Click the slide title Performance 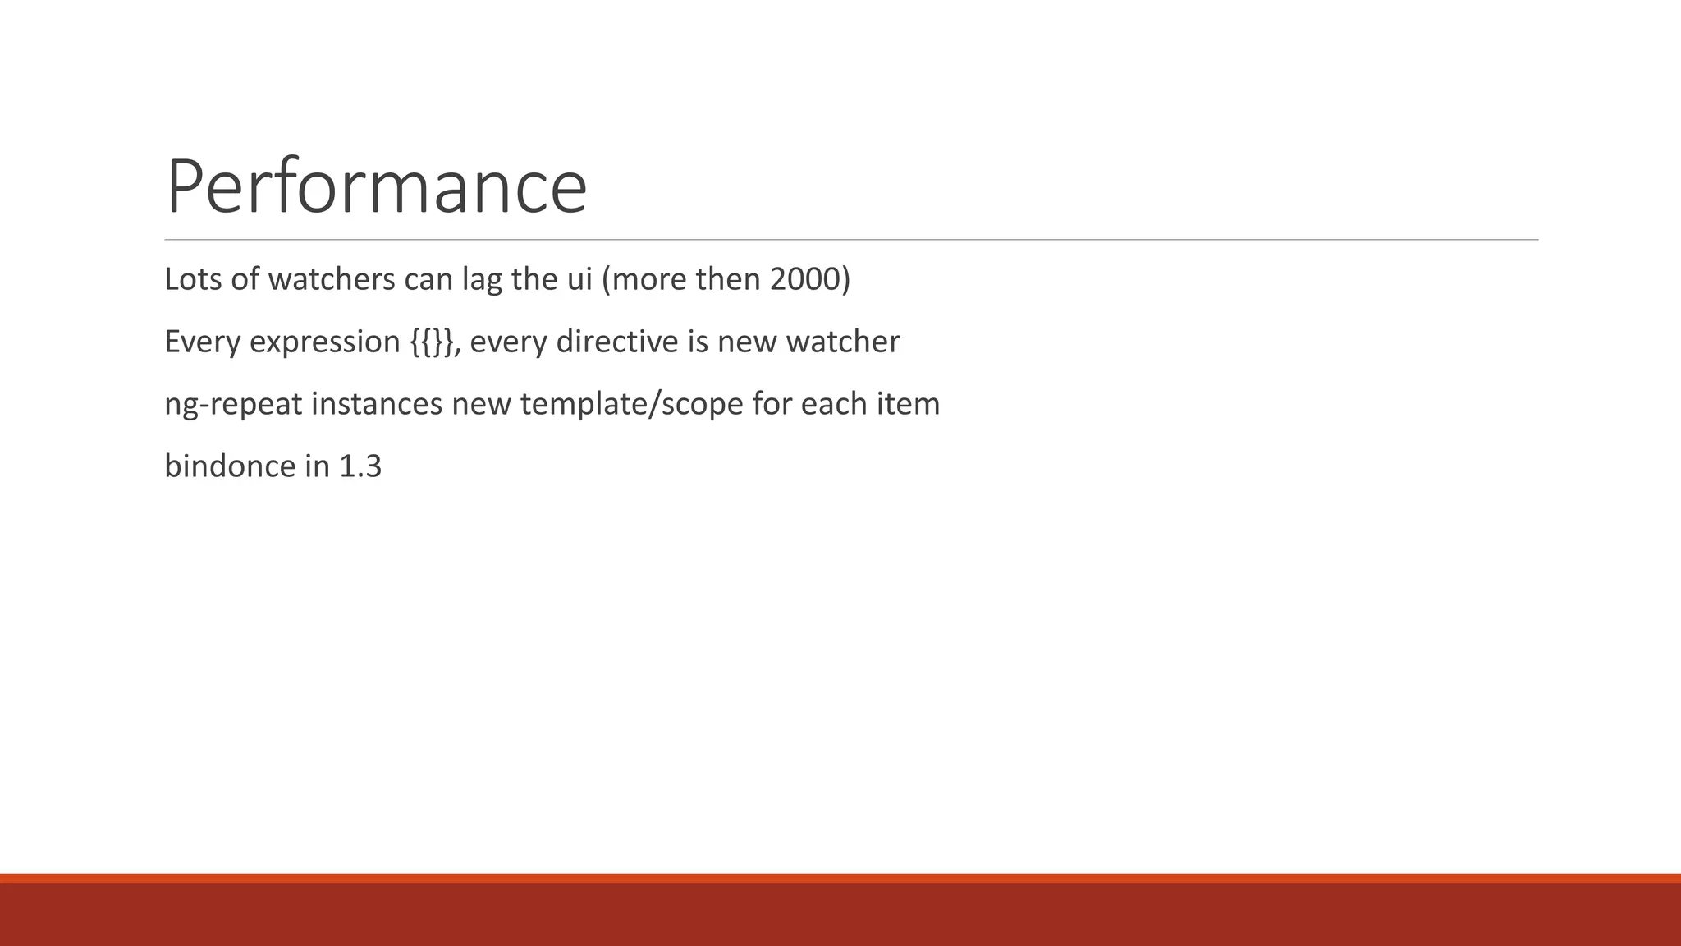376,187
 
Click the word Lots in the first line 193,279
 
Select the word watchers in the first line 332,279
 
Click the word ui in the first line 579,279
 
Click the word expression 324,342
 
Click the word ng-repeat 233,405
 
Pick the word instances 377,404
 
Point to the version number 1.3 360,466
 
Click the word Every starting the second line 202,342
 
